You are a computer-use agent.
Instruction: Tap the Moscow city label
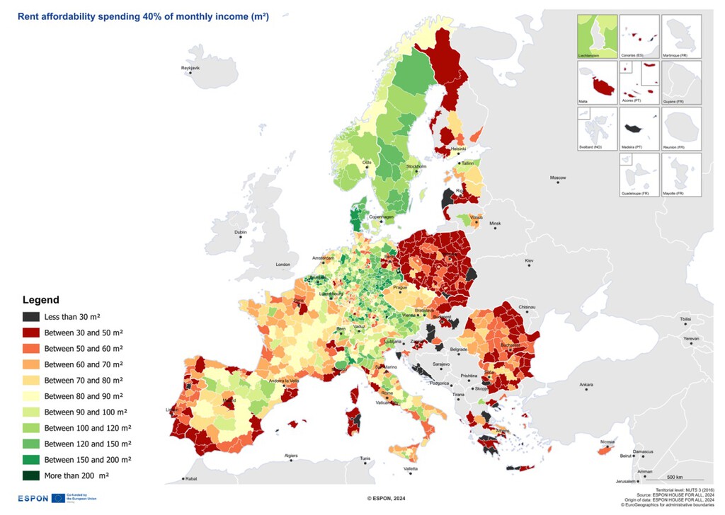coord(559,177)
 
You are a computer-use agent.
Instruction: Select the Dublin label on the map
coord(241,232)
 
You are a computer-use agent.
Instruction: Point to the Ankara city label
coord(586,385)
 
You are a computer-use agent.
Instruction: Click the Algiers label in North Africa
coord(291,456)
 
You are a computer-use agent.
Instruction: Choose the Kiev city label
coord(529,261)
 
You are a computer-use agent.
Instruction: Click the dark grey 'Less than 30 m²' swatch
coord(31,317)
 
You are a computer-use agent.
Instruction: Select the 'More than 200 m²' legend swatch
coord(31,475)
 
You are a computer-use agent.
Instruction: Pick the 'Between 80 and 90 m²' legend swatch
coord(31,396)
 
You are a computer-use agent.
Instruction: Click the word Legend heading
coord(41,300)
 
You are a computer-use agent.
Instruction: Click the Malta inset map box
coord(596,83)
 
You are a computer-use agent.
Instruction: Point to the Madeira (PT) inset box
coord(639,129)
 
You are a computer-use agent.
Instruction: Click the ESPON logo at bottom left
coord(33,498)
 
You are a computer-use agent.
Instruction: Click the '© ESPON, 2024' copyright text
coord(386,499)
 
